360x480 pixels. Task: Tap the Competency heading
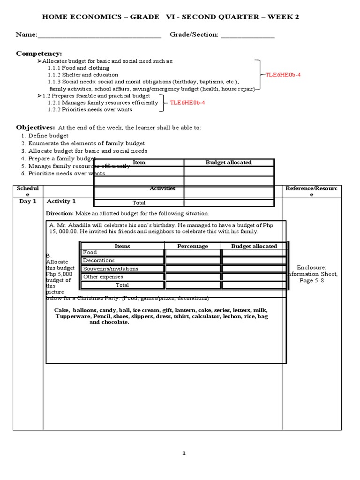(39, 54)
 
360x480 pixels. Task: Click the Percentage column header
(192, 246)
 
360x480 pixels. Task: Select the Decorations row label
(99, 261)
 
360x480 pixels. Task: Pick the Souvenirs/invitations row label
(111, 269)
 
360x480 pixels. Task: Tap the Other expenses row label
(103, 277)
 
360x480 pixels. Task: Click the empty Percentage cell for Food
(192, 253)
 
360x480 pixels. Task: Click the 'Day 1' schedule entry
(27, 202)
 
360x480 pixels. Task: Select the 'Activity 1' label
(61, 202)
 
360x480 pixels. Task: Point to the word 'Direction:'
(60, 213)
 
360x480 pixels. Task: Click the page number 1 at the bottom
(184, 453)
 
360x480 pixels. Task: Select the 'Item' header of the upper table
(139, 163)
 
